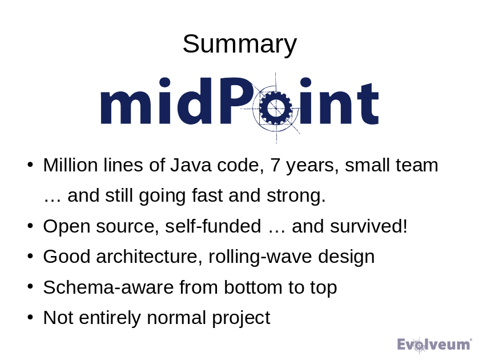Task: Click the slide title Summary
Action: coord(239,44)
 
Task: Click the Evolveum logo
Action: coord(434,344)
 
